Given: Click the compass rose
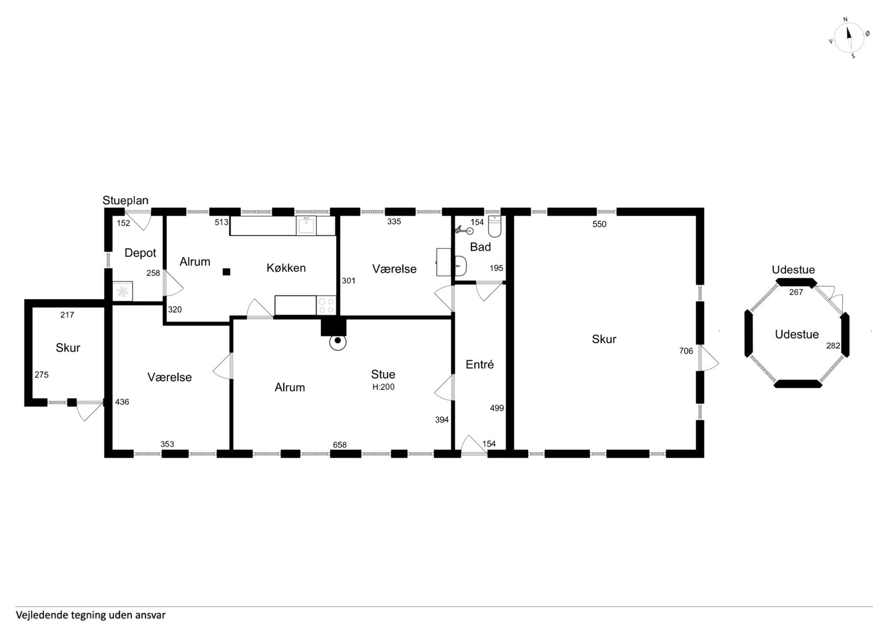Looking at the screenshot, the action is click(849, 38).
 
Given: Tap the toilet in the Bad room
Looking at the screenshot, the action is click(495, 226).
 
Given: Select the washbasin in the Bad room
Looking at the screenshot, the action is click(460, 266).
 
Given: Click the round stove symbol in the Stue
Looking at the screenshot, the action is click(337, 342).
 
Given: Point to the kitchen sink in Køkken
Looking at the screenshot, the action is click(306, 226).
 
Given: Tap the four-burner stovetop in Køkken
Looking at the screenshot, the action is click(326, 306).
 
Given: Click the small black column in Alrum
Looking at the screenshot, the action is click(226, 272).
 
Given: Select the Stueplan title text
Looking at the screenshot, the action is click(126, 200).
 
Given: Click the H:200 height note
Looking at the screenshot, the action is click(384, 387).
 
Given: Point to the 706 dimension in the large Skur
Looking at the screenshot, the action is click(686, 351).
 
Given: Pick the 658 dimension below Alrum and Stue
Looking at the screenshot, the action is click(340, 445).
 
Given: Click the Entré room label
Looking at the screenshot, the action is click(480, 364).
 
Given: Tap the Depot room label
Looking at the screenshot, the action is click(140, 253).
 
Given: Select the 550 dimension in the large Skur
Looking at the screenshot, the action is click(599, 224).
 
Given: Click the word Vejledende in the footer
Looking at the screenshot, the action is click(42, 615).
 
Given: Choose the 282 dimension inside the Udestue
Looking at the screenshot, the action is click(833, 346).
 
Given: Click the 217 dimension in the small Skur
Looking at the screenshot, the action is click(67, 315).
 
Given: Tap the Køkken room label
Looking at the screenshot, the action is click(286, 268).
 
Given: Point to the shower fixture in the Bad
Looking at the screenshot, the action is click(464, 230).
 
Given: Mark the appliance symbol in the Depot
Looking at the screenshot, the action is click(122, 292).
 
